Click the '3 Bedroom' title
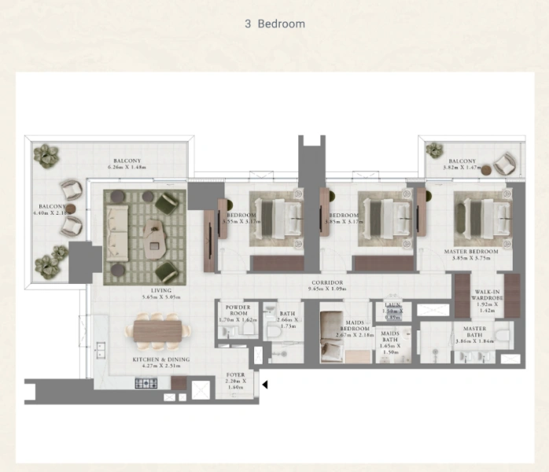pos(274,24)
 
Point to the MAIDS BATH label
pos(389,341)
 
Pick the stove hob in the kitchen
pos(146,383)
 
